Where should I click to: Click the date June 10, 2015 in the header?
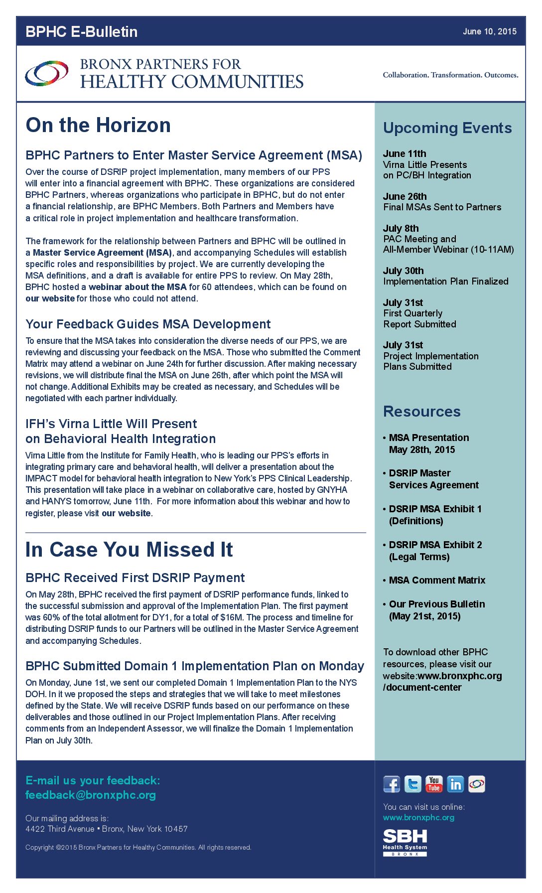[489, 31]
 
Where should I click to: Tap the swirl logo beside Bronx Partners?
[47, 73]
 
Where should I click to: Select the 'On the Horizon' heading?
[98, 125]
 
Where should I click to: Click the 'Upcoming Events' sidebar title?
[447, 128]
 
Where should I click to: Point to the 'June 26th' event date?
[405, 196]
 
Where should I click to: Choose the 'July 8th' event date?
[401, 228]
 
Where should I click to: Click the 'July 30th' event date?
[403, 271]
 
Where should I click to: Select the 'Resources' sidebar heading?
[421, 412]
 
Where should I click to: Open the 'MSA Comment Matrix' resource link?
[437, 580]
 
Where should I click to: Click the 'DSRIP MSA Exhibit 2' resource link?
[435, 545]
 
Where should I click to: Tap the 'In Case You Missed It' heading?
[129, 550]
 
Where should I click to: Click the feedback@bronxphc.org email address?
[91, 795]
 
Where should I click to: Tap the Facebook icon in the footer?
[392, 784]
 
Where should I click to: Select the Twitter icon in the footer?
[412, 784]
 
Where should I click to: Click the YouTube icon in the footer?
[434, 784]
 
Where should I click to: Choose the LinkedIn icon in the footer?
[455, 784]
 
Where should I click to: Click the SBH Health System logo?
[405, 842]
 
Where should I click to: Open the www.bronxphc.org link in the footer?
[418, 817]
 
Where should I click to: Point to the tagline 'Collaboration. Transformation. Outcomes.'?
[450, 75]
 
